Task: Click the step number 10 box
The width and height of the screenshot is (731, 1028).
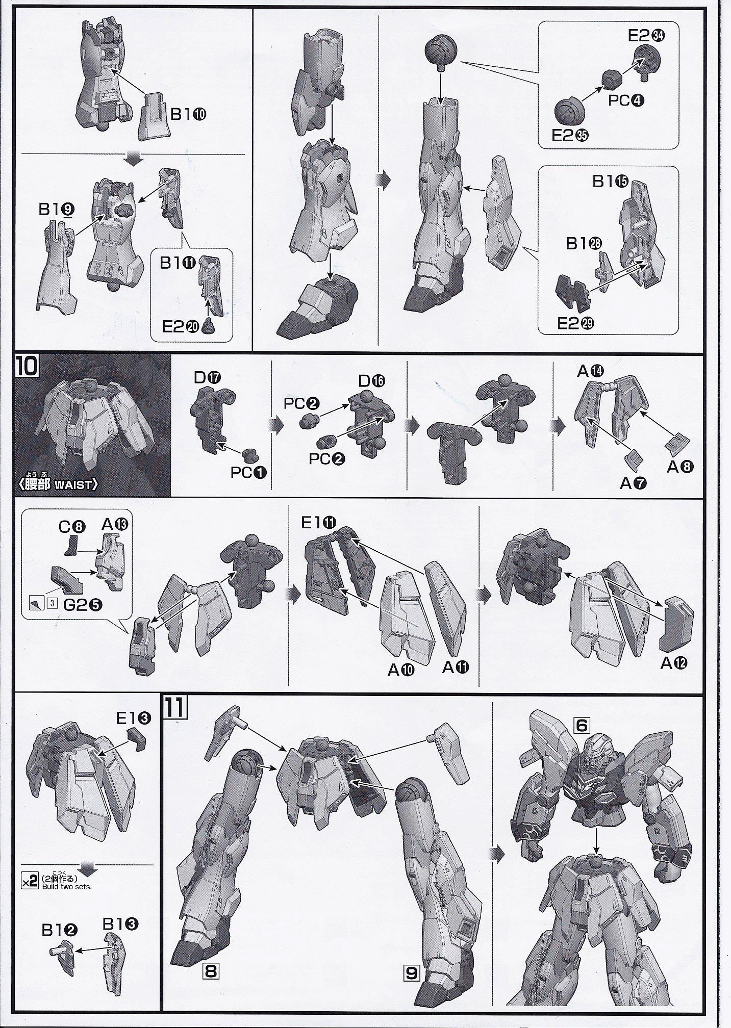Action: [27, 366]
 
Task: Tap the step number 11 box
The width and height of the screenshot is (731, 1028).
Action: [174, 707]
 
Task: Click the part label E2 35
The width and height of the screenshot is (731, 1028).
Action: [570, 135]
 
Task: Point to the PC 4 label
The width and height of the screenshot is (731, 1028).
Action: [626, 100]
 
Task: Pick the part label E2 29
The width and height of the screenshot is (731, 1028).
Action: [576, 323]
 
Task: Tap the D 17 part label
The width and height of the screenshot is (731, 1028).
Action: [207, 378]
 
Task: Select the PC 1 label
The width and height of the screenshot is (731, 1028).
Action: [248, 473]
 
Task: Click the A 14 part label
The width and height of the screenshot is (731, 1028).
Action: [590, 371]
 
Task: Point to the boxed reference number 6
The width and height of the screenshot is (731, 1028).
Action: [582, 725]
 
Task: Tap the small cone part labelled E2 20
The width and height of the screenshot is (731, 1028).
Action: [208, 324]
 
